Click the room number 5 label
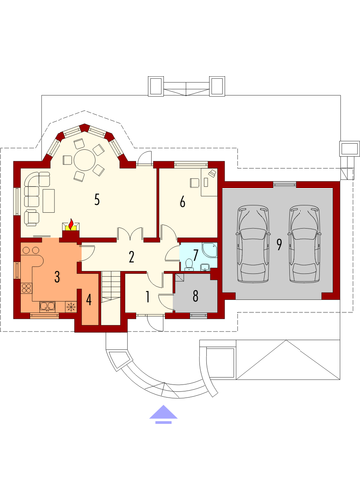97,199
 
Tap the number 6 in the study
182,201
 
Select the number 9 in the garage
279,245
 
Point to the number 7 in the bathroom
196,255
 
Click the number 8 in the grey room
196,296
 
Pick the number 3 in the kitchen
57,276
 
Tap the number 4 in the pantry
88,300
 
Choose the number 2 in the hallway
131,257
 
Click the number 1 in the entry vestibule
147,297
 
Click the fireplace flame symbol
70,225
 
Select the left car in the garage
253,244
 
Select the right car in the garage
304,244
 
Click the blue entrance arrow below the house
163,414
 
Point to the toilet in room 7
189,265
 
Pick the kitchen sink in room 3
47,307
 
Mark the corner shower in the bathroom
209,250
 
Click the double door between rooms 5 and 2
130,233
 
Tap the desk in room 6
209,183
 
